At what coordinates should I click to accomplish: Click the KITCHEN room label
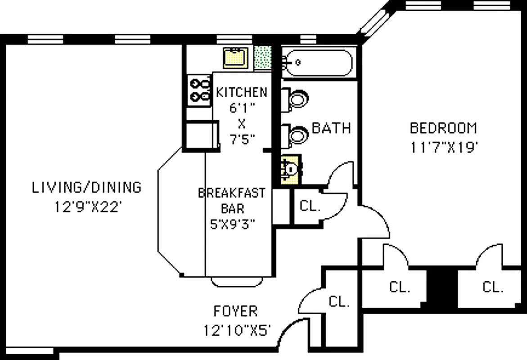[x=242, y=93]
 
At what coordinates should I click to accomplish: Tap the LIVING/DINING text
[x=86, y=187]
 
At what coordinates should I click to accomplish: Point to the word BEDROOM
[x=443, y=128]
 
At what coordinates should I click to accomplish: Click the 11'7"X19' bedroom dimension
[x=443, y=148]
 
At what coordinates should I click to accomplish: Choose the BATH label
[x=331, y=128]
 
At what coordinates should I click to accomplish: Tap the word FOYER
[x=235, y=311]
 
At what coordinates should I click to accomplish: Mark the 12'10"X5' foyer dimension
[x=236, y=331]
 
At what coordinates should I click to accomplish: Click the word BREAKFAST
[x=232, y=193]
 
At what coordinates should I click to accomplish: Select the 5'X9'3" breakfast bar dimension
[x=233, y=224]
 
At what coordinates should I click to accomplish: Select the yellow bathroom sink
[x=290, y=169]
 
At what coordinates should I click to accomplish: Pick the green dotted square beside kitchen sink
[x=263, y=58]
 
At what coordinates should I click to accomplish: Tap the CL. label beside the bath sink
[x=310, y=207]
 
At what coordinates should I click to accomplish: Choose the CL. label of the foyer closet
[x=339, y=302]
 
